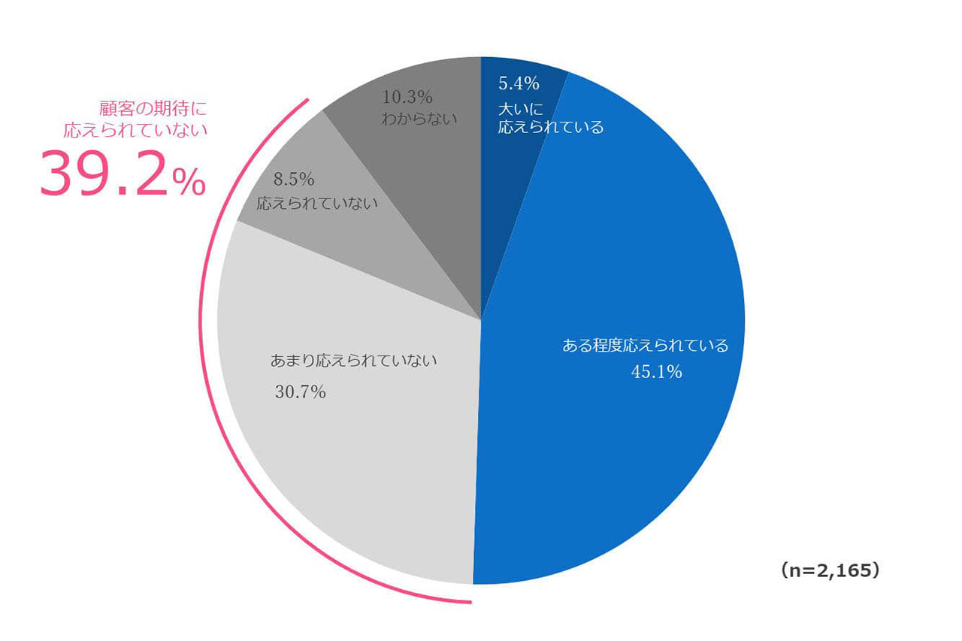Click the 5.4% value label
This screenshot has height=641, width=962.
(x=519, y=83)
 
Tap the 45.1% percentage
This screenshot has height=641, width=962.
(x=657, y=371)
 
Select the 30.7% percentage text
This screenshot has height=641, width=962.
(x=300, y=391)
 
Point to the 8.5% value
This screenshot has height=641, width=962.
(x=294, y=180)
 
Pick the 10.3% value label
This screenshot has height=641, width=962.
(x=407, y=97)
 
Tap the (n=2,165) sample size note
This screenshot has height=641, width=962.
(x=830, y=571)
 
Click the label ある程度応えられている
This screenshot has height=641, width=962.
(x=646, y=346)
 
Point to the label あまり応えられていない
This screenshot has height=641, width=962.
(x=353, y=361)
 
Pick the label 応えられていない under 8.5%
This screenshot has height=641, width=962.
(x=317, y=203)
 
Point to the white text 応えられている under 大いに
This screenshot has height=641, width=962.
(x=551, y=127)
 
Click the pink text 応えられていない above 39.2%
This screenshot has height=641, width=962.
(x=135, y=129)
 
